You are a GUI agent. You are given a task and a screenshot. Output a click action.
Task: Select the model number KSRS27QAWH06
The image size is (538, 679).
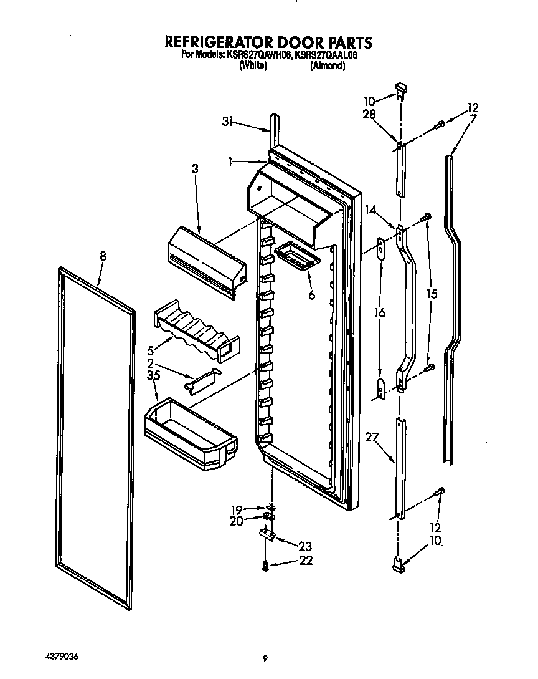point(258,55)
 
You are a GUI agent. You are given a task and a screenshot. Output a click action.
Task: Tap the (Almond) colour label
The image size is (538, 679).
point(328,65)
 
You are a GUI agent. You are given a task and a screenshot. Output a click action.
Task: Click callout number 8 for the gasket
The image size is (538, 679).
point(103,256)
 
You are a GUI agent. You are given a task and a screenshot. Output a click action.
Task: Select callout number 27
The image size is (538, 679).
point(372,438)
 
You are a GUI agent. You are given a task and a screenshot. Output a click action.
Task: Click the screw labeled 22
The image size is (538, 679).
point(266,566)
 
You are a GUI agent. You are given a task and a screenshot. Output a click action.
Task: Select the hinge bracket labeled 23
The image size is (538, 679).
point(266,534)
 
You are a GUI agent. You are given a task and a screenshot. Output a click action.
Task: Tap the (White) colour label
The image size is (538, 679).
point(253,65)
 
